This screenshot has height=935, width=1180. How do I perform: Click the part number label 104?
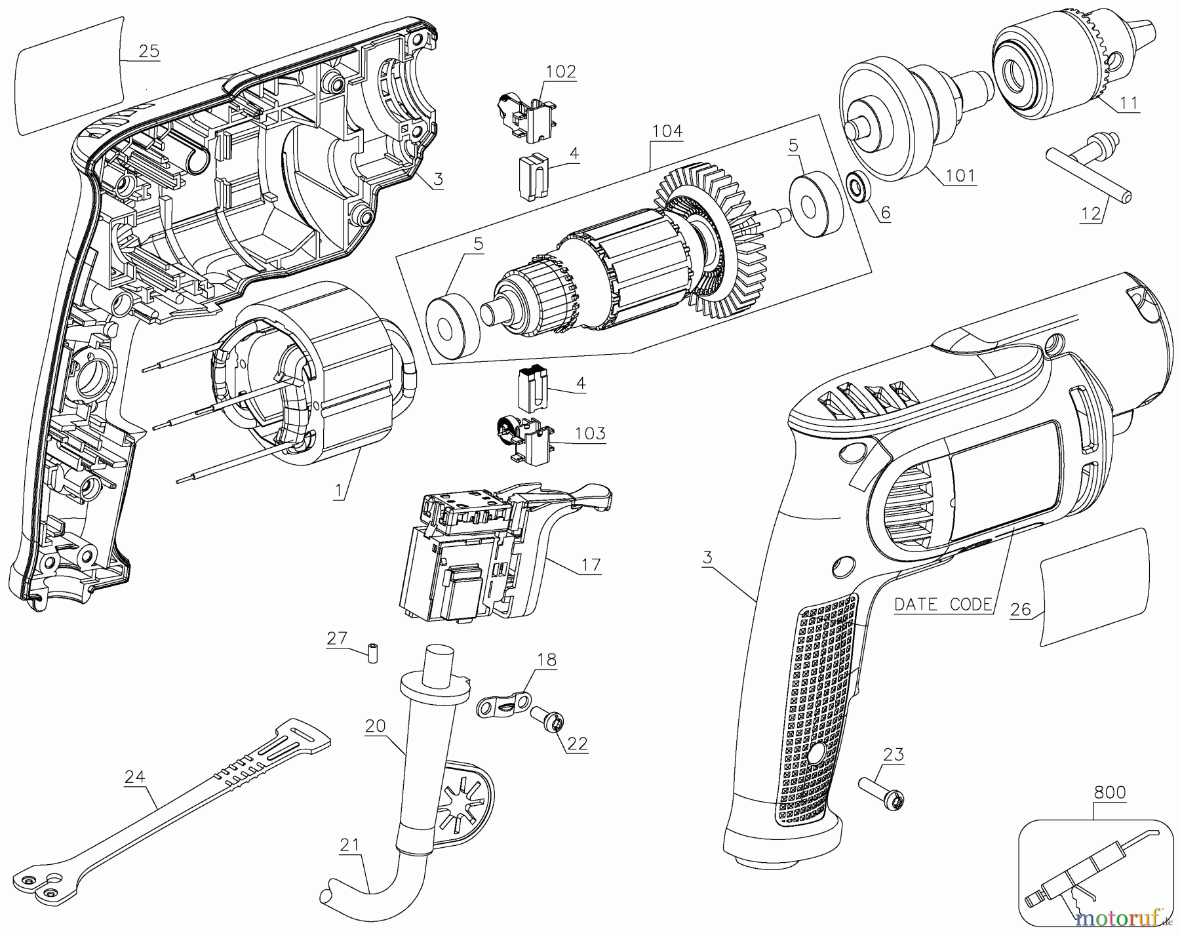click(667, 132)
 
